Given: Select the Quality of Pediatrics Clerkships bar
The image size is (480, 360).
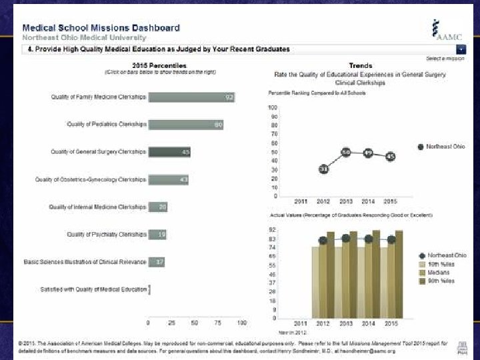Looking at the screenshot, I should (185, 124).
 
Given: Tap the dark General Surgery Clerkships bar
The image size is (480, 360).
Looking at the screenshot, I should (169, 152).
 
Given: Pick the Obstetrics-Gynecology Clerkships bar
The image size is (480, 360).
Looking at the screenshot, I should (169, 179).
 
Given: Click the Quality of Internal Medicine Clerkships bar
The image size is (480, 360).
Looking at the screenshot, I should (158, 207).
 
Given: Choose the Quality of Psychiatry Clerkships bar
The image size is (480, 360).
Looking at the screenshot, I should (157, 234).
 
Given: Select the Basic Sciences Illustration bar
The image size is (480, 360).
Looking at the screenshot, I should (157, 261).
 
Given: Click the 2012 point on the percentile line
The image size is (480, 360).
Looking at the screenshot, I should (323, 169).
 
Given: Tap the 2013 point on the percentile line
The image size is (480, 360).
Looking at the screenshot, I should (345, 153).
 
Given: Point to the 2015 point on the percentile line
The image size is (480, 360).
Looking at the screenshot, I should (391, 156).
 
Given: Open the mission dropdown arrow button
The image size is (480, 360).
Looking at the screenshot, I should (461, 50).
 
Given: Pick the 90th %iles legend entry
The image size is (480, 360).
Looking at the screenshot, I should (441, 281).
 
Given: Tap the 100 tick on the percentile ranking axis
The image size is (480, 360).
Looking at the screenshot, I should (272, 107).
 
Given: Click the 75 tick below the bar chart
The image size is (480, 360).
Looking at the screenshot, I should (218, 323).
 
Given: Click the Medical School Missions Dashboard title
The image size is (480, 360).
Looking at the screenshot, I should (101, 28).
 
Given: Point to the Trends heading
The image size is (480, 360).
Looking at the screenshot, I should (361, 65).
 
